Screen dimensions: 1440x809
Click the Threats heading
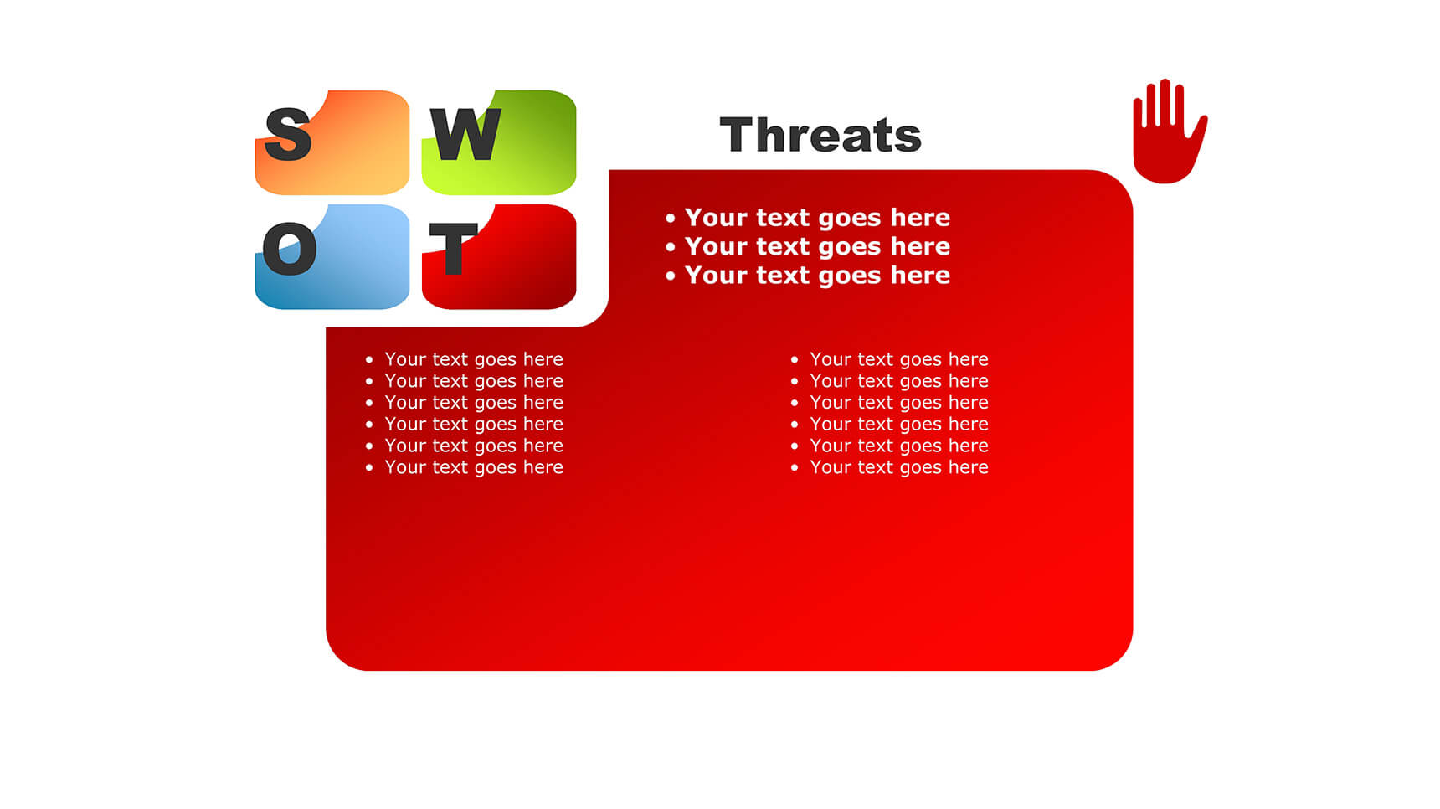pyautogui.click(x=820, y=135)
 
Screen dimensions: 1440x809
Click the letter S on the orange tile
pyautogui.click(x=288, y=134)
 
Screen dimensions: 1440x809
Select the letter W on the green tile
pyautogui.click(x=465, y=134)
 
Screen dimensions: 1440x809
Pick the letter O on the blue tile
pyautogui.click(x=290, y=248)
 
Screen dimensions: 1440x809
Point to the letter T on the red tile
pyautogui.click(x=453, y=248)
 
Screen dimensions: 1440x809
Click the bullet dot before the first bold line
pyautogui.click(x=670, y=219)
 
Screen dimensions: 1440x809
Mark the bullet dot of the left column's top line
pyautogui.click(x=369, y=360)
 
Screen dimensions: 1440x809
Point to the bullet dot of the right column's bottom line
pyautogui.click(x=795, y=468)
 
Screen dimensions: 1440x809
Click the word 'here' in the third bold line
pyautogui.click(x=920, y=276)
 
